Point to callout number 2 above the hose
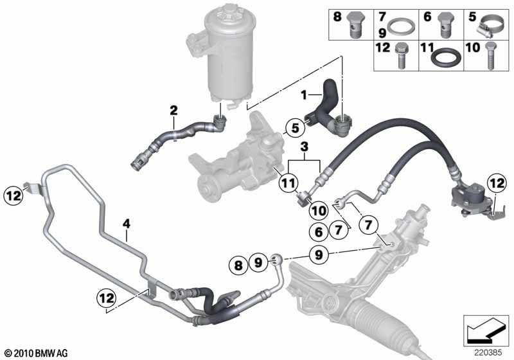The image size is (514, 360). point(172,110)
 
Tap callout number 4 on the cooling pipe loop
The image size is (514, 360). point(127,224)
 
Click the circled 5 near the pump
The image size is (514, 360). point(294,128)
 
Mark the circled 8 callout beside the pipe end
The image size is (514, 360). point(238,264)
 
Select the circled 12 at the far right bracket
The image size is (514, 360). point(497,184)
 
